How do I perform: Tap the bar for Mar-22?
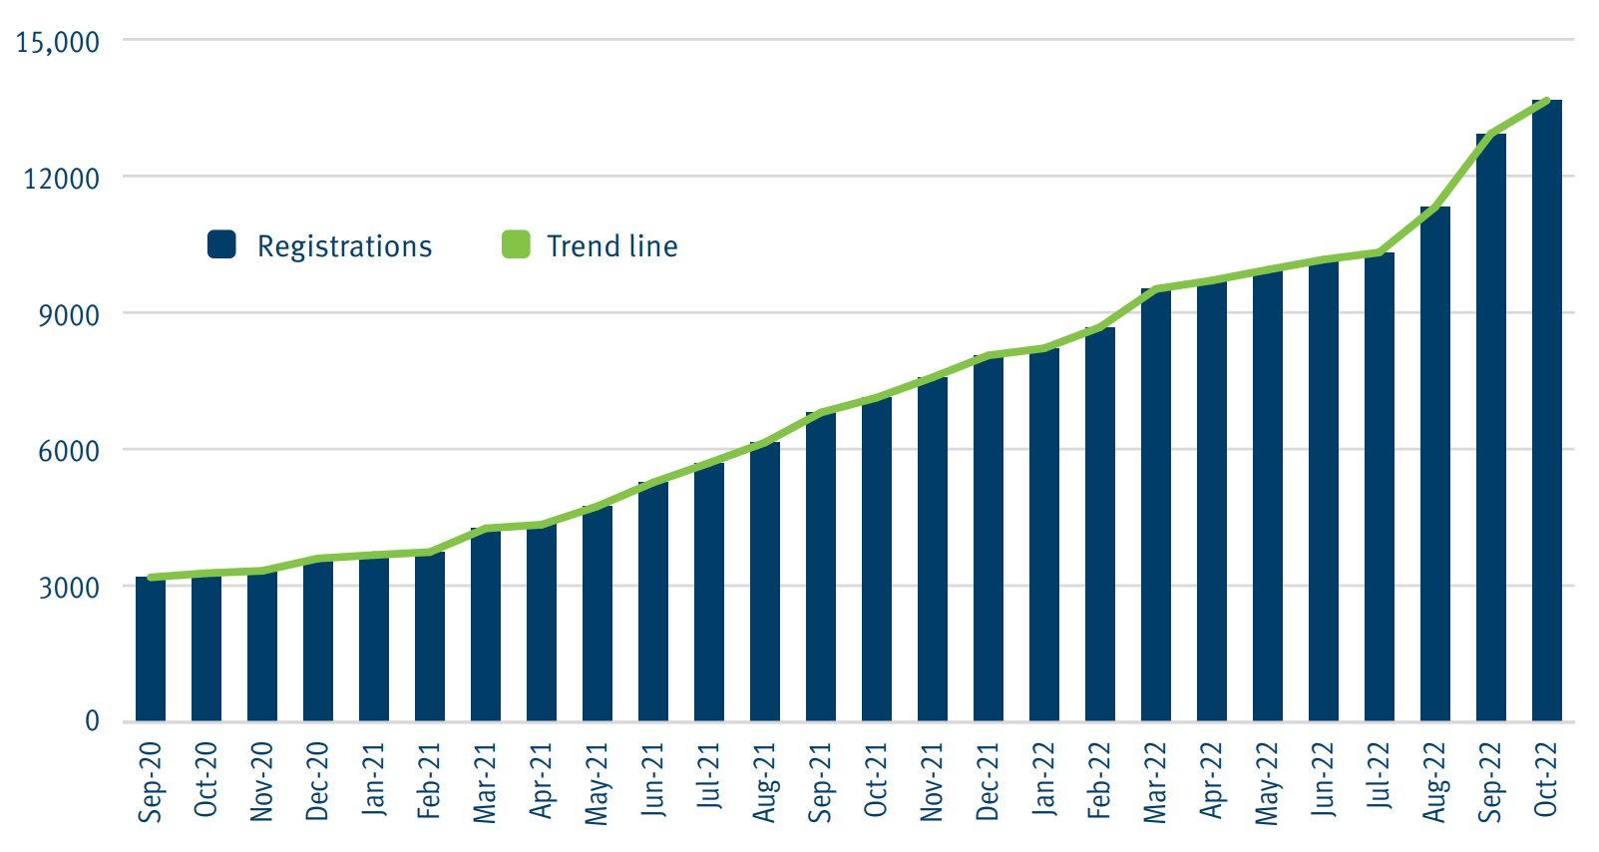coord(1155,505)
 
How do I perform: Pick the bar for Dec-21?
coord(988,539)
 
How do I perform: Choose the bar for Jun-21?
coord(653,603)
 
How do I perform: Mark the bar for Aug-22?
coord(1434,464)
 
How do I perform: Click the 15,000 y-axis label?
coord(58,42)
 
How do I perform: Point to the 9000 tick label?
coord(69,315)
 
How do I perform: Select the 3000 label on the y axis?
coord(69,588)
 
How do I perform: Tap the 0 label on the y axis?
coord(92,721)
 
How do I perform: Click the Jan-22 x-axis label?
coord(1044,780)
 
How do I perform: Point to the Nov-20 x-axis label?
coord(262,782)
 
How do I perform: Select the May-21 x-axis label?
coord(598,784)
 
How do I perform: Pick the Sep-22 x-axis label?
coord(1490,782)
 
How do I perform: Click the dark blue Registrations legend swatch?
coord(221,244)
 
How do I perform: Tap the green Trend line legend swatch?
coord(516,244)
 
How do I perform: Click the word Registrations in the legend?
coord(344,246)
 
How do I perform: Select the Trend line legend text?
coord(611,245)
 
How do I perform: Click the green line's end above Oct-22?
coord(1546,101)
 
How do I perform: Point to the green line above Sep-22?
coord(1490,134)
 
